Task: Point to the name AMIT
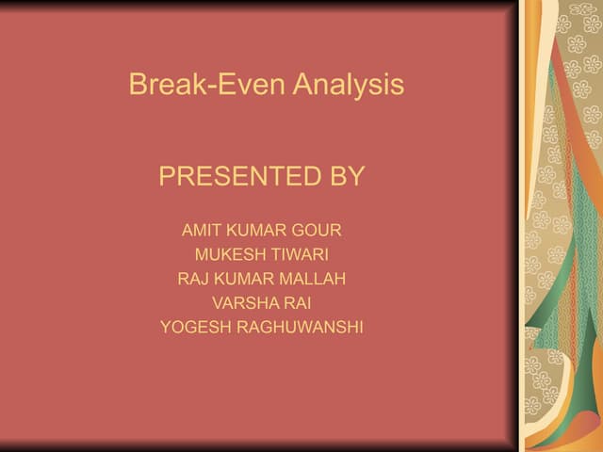[x=200, y=230]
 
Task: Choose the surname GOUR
[x=318, y=230]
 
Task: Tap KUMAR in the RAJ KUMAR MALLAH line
[x=243, y=279]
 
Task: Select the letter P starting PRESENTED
[x=167, y=176]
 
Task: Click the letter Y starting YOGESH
[x=165, y=328]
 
